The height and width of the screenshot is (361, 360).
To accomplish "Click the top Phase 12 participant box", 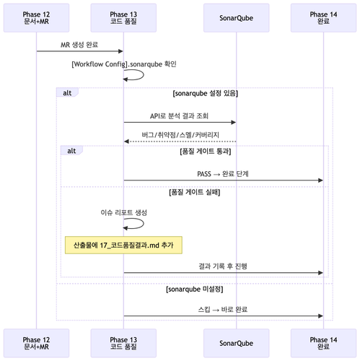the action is coord(36,18).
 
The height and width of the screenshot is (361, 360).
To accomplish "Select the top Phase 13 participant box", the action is coord(123,18).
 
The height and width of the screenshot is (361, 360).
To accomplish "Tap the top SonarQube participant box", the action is coord(236,18).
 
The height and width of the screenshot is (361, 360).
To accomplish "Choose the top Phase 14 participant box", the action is coord(323,18).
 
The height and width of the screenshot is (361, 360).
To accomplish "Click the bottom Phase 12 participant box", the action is coord(36,343).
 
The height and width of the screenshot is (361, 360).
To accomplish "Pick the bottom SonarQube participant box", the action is coord(236,343).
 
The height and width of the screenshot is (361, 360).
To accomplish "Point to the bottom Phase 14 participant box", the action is coord(323,343).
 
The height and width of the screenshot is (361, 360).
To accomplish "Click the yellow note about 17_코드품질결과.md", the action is coord(123,245).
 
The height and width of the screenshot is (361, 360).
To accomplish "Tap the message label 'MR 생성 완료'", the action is coord(79,45).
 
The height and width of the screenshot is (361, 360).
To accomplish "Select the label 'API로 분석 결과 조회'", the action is coord(179,116).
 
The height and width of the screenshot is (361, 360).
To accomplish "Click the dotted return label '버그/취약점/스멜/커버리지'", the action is coord(180,135).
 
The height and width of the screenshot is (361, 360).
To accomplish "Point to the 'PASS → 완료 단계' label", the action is coord(223,174).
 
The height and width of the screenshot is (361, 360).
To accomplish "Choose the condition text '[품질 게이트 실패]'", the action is coord(195,192).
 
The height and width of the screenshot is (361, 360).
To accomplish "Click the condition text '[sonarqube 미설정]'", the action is coord(195,289).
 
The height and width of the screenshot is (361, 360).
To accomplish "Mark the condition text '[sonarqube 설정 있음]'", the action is coord(206,93).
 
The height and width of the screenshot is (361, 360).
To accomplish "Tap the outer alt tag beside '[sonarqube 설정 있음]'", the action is coord(67,92).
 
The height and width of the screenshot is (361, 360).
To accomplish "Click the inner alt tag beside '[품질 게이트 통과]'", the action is coord(71,151).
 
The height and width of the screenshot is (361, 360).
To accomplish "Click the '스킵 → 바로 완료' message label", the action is coord(223,309).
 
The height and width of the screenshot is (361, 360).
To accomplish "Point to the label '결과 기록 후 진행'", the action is coord(223,266).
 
